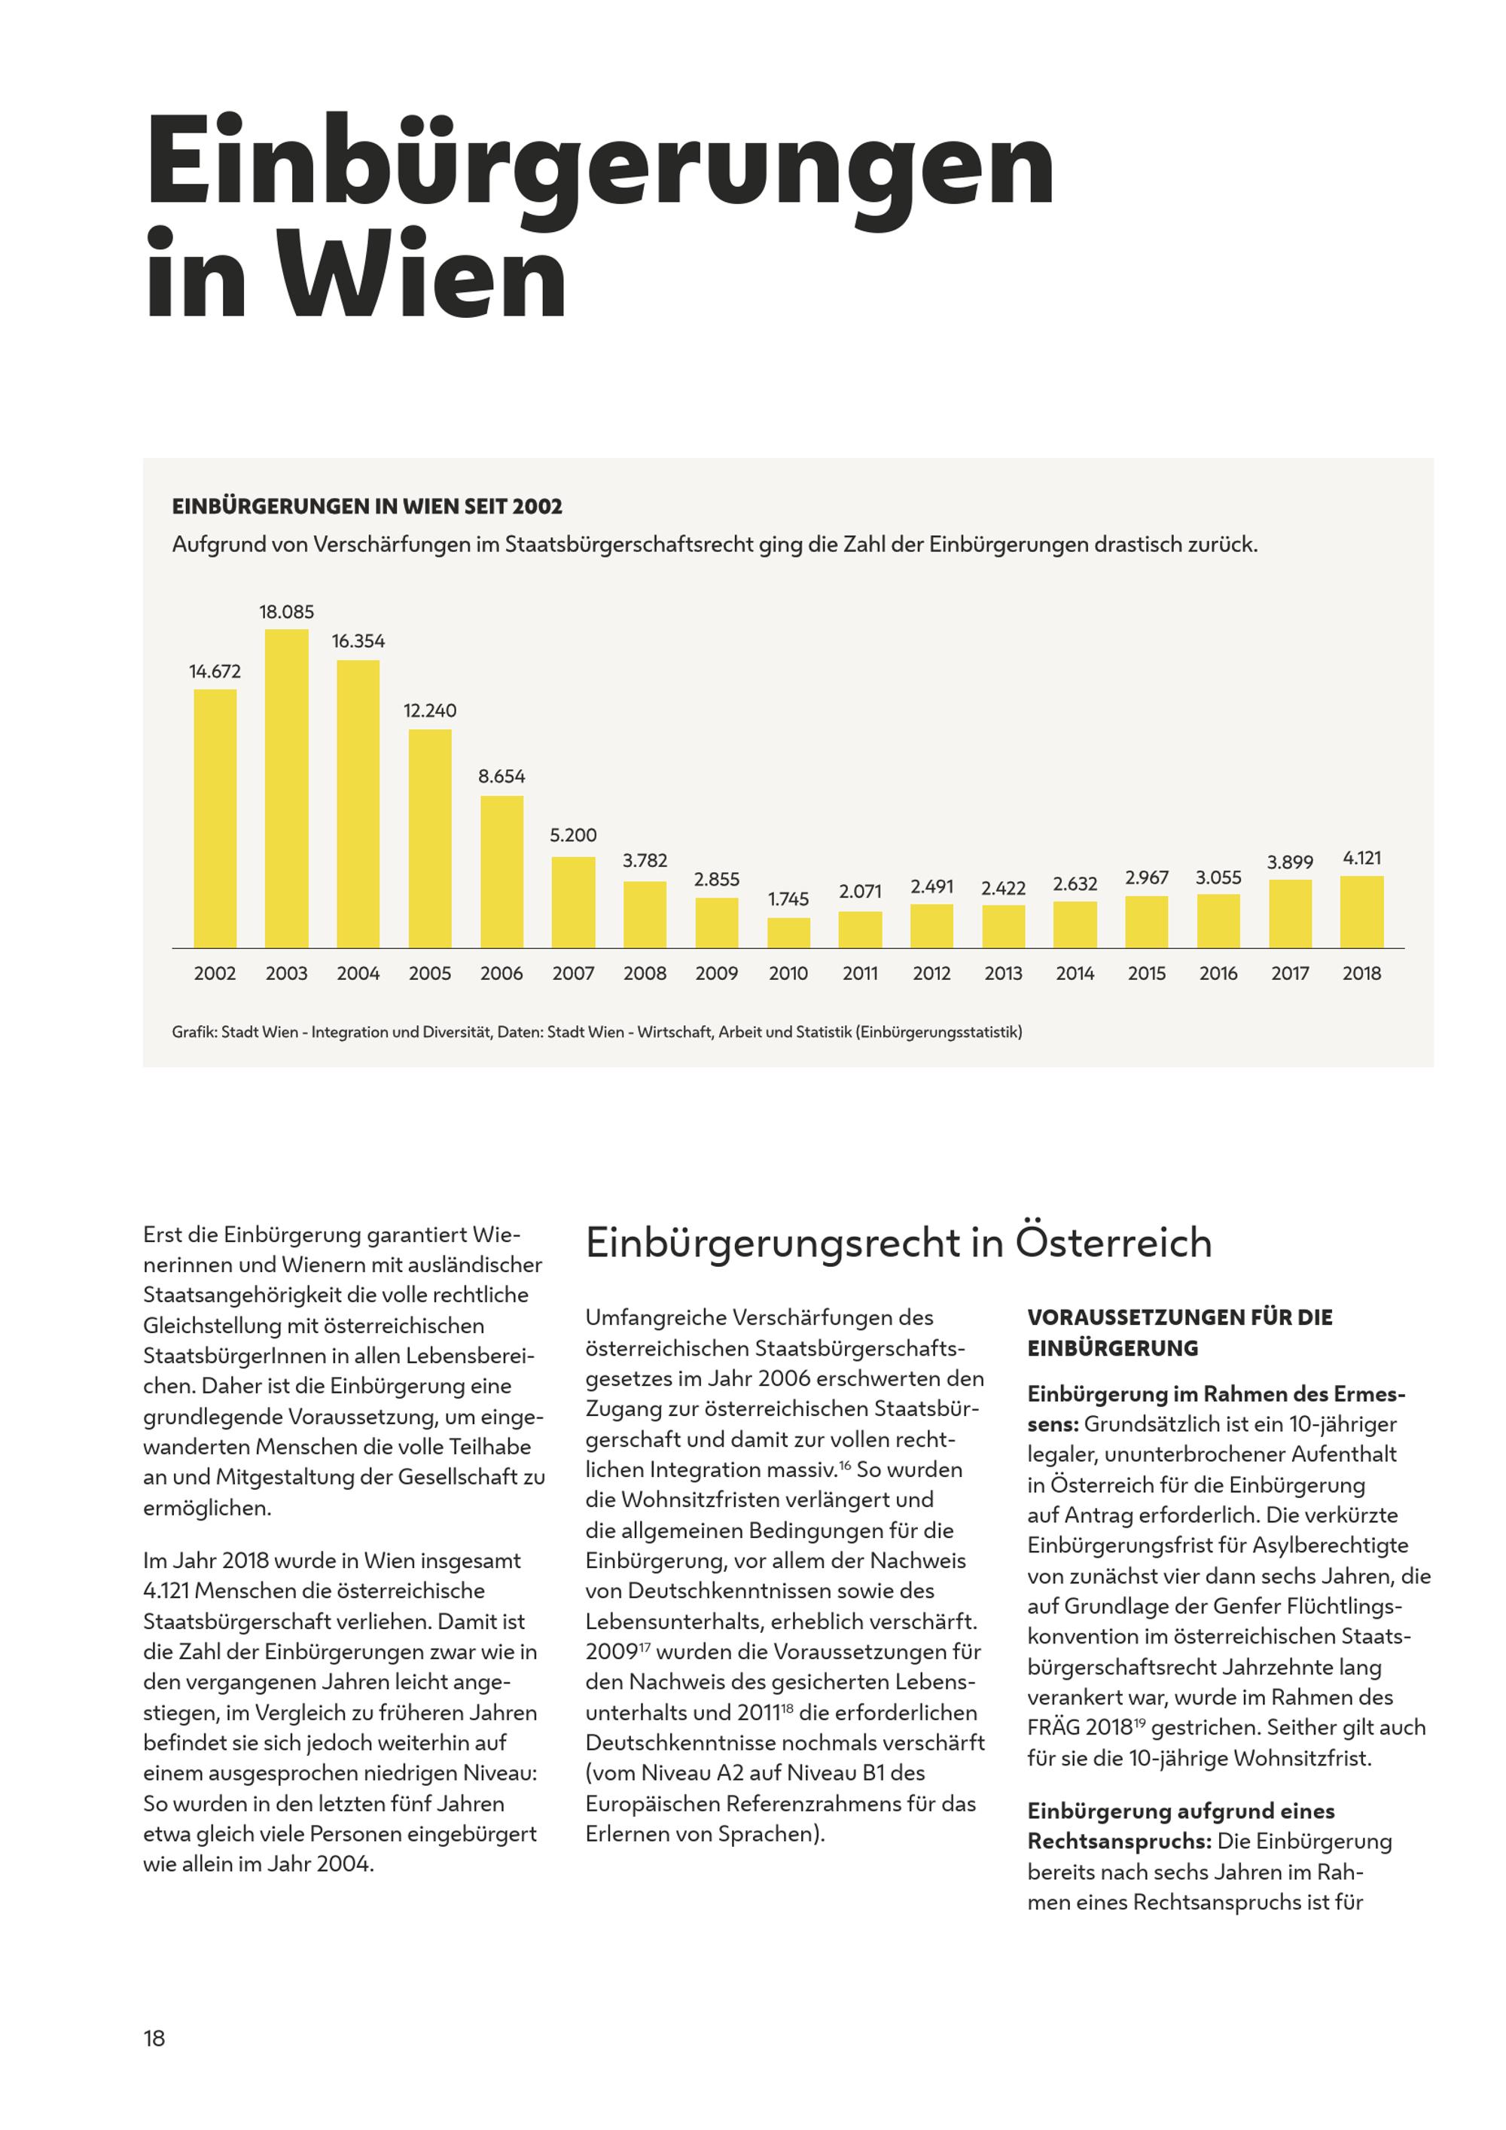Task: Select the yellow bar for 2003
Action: (287, 789)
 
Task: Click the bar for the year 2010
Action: (788, 932)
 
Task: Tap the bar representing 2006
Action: (501, 872)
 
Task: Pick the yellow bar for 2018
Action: (1361, 912)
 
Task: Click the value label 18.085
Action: (287, 612)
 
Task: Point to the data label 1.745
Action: (788, 899)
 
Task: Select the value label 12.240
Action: (430, 710)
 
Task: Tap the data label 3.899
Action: (1290, 862)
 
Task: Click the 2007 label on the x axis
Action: (573, 973)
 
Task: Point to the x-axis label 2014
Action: (1075, 973)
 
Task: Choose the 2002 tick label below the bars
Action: (215, 973)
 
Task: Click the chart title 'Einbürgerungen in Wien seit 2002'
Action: (367, 507)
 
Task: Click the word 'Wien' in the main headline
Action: (423, 276)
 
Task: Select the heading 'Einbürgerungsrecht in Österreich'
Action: (898, 1242)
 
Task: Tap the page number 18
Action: (154, 2038)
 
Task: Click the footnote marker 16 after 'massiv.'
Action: (845, 1464)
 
